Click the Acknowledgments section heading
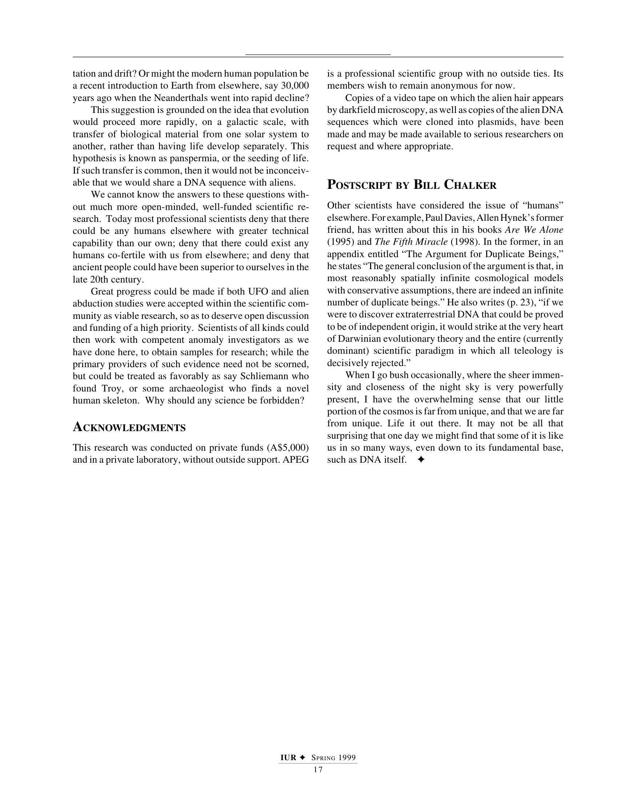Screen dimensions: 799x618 [x=129, y=427]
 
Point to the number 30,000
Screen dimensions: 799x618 [x=295, y=86]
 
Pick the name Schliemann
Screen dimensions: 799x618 [x=269, y=376]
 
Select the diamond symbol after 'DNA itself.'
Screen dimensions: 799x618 [x=421, y=460]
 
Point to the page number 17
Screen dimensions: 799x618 [x=318, y=770]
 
